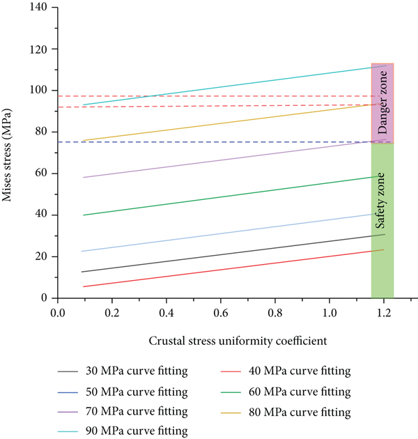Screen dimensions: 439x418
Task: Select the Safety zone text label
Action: tap(382, 201)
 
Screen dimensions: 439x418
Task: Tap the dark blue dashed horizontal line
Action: tap(209, 142)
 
